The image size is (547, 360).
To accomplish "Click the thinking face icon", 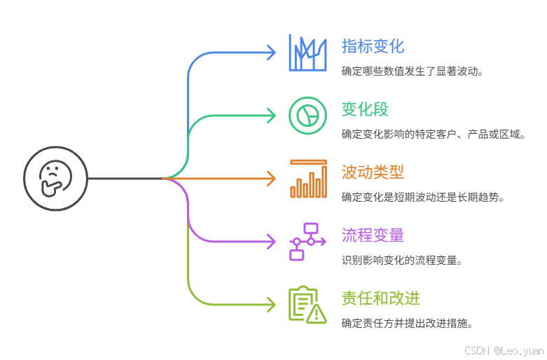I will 55,178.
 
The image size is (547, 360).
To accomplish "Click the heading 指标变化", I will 373,46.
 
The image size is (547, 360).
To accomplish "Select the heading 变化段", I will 365,109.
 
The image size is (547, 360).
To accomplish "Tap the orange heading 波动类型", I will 373,172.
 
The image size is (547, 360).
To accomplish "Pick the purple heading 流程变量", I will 373,235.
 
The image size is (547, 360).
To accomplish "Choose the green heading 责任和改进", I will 380,298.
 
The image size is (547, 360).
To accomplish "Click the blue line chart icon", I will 307,53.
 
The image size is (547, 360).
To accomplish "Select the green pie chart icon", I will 307,115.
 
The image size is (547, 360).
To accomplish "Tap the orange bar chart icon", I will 307,179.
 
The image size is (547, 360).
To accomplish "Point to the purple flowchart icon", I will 307,241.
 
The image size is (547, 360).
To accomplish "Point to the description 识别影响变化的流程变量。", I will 402,260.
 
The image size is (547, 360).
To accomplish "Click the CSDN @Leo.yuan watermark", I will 503,349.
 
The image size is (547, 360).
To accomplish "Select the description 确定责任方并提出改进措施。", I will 407,323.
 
